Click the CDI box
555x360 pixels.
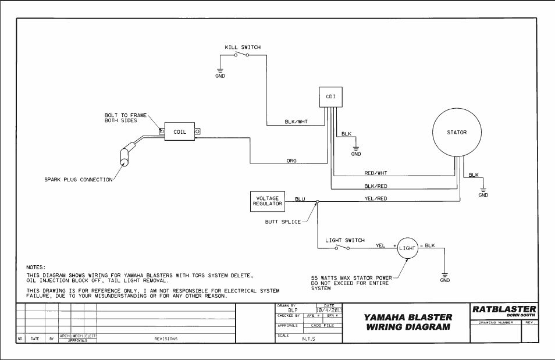point(330,97)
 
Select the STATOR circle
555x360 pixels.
point(457,133)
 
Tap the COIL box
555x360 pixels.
point(180,132)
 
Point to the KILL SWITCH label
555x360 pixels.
point(243,47)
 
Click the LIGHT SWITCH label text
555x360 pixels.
point(345,240)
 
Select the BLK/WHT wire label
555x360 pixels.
point(296,122)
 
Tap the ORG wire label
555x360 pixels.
point(292,160)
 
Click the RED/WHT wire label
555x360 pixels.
point(376,173)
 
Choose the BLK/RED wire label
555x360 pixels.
point(376,186)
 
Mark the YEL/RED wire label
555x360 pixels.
point(376,199)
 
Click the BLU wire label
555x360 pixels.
point(300,199)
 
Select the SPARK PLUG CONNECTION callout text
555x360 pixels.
point(79,180)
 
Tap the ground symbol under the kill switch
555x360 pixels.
point(220,72)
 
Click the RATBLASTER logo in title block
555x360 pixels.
point(504,311)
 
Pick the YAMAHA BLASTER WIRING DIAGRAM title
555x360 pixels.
point(408,322)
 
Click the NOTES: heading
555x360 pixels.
point(36,267)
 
